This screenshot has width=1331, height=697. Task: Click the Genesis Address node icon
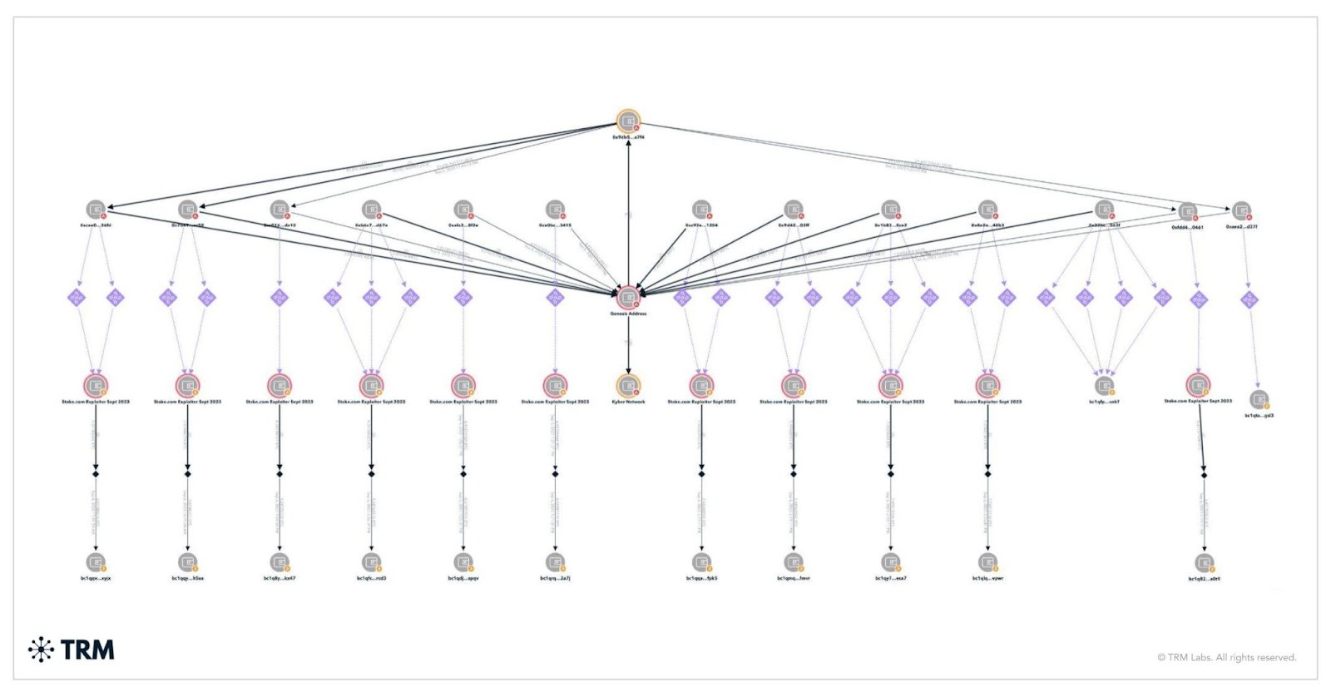point(628,297)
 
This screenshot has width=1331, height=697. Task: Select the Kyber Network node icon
point(628,386)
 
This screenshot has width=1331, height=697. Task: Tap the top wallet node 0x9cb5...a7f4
point(628,121)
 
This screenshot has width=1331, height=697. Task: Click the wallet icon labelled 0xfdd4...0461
point(1188,211)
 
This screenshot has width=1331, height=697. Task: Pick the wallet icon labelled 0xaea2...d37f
point(1241,210)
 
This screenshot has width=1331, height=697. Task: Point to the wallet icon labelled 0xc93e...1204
point(701,209)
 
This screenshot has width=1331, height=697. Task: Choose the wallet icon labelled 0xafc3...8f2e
point(463,209)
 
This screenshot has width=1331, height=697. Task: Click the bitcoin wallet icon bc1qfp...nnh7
point(1104,386)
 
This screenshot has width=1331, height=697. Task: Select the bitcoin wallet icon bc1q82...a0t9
point(1204,563)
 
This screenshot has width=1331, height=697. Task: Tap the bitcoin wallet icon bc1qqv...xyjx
point(96,562)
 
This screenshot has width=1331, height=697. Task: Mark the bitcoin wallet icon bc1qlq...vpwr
point(987,562)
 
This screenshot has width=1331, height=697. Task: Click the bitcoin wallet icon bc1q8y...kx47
point(280,562)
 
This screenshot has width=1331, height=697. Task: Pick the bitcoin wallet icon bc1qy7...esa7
point(890,562)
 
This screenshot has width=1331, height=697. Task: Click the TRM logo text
point(87,650)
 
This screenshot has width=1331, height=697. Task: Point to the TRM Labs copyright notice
point(1226,657)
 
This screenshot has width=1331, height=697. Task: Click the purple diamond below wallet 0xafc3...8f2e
point(463,297)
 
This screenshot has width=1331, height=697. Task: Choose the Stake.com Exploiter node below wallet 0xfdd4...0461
point(1198,385)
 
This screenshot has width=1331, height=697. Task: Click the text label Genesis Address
point(628,314)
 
